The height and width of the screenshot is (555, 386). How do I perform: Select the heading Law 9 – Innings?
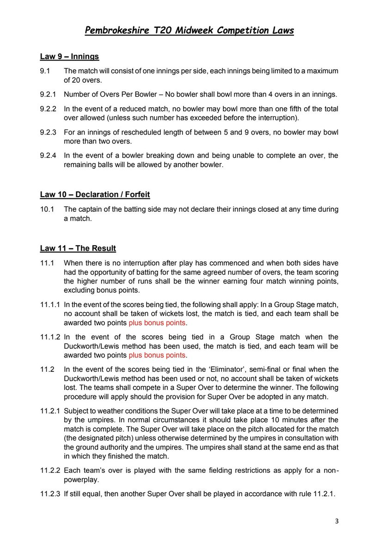(x=69, y=57)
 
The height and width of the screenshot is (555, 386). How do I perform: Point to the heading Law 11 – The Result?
(x=78, y=248)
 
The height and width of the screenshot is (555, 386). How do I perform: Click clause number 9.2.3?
(x=48, y=132)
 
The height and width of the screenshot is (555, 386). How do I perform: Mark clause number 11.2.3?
(x=50, y=493)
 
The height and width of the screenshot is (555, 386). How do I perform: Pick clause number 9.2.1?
(x=48, y=95)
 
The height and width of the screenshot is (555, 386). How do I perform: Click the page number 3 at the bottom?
(x=337, y=522)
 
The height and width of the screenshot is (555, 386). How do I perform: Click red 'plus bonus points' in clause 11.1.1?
(x=157, y=322)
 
